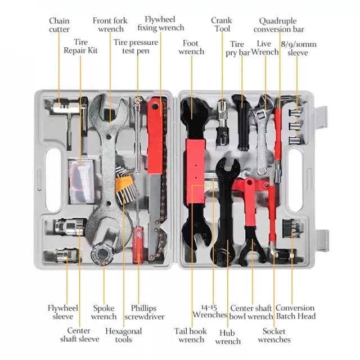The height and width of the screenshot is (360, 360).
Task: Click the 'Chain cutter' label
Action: coord(59,25)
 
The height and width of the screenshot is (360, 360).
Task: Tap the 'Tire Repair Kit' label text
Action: coord(80,46)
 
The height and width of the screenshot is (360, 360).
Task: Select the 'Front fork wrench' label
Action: coord(110,25)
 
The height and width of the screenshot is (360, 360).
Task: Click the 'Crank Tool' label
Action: coord(222,25)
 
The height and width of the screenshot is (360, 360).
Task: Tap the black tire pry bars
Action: coord(241,121)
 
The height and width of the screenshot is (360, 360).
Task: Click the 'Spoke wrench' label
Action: coord(104,312)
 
